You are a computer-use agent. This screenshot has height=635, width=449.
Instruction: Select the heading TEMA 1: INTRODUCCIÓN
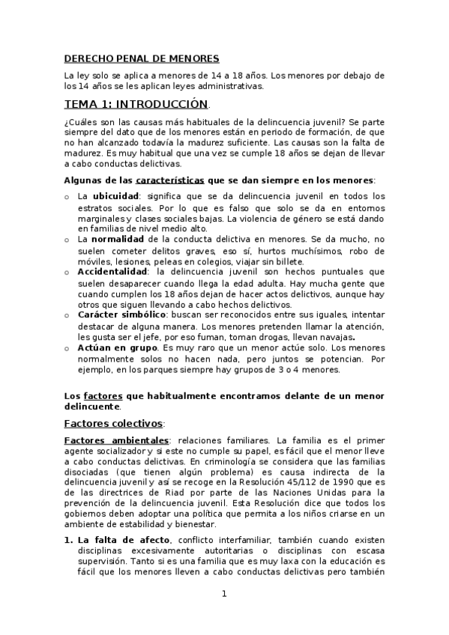(136, 104)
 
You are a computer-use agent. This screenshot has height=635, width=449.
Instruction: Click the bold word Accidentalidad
(113, 272)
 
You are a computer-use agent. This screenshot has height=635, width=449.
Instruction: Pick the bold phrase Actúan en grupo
(116, 348)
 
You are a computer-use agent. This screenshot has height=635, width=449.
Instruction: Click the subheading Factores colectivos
(115, 423)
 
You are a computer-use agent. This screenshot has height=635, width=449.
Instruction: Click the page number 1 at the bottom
(223, 595)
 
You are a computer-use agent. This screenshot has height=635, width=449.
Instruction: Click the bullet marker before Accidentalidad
(67, 273)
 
